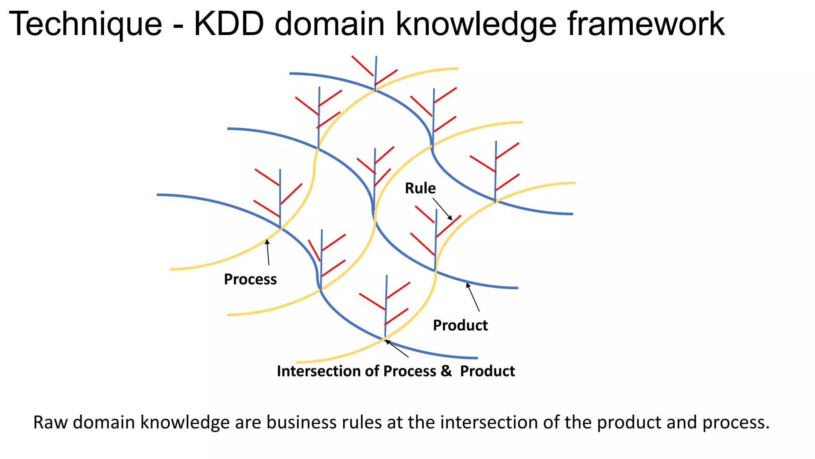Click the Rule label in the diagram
pyautogui.click(x=420, y=188)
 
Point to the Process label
pyautogui.click(x=250, y=279)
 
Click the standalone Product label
pyautogui.click(x=460, y=326)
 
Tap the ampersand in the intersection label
pyautogui.click(x=446, y=371)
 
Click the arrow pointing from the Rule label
pyautogui.click(x=443, y=209)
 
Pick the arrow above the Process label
pyautogui.click(x=268, y=252)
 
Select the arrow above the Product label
pyautogui.click(x=473, y=297)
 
